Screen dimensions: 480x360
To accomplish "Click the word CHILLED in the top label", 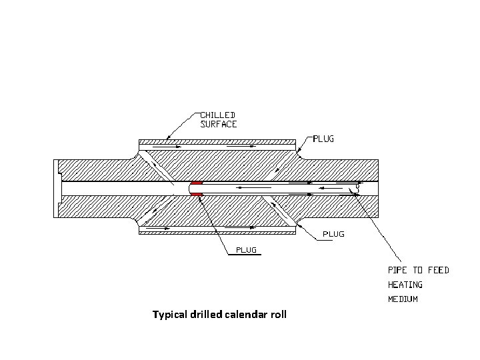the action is [219, 115].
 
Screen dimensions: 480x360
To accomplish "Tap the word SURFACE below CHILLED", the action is [219, 124].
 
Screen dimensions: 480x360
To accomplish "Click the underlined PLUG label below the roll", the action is [246, 251].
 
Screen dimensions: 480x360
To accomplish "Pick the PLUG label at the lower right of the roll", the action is [333, 235].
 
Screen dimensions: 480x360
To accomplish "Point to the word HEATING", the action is [405, 285].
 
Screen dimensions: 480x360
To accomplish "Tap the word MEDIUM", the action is [403, 299].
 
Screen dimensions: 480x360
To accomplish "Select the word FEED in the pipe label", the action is [437, 270].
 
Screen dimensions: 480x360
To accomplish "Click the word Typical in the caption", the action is [171, 314].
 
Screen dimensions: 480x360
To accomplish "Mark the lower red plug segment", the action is [196, 194].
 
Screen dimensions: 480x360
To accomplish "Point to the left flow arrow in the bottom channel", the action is [159, 229].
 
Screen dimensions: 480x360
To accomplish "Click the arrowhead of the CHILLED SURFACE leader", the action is [167, 137].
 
